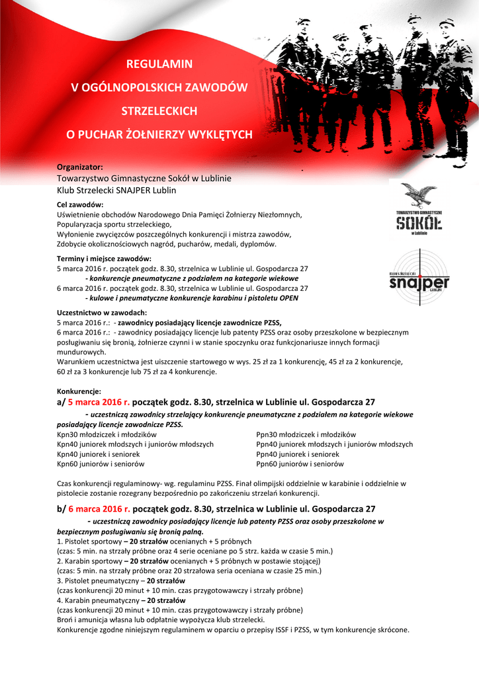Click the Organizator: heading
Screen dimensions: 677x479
(x=80, y=167)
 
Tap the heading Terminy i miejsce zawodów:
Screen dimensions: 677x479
(x=104, y=259)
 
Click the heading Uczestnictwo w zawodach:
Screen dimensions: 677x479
(x=102, y=312)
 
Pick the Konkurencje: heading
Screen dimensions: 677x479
(x=79, y=391)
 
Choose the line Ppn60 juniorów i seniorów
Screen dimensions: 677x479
(x=300, y=464)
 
